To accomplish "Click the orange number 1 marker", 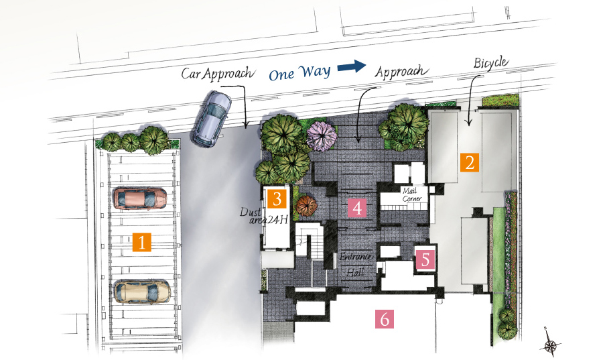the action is click(x=141, y=242).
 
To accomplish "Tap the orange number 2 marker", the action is click(x=470, y=162).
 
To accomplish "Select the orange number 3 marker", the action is click(x=277, y=199).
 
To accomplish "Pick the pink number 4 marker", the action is click(x=357, y=208).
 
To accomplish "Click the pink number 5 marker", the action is click(x=425, y=259).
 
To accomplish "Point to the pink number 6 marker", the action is click(x=385, y=319).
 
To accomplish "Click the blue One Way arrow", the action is click(x=352, y=66).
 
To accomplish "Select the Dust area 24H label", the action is click(x=264, y=216).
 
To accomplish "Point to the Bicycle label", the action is click(x=491, y=63).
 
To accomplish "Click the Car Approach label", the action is click(x=218, y=73).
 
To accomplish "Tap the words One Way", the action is click(x=299, y=72).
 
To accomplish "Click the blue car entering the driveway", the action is click(x=212, y=119).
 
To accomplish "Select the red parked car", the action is click(x=141, y=198).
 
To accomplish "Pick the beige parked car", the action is click(x=143, y=292).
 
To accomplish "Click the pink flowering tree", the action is click(x=322, y=136).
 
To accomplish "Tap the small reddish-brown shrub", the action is click(x=306, y=206).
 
